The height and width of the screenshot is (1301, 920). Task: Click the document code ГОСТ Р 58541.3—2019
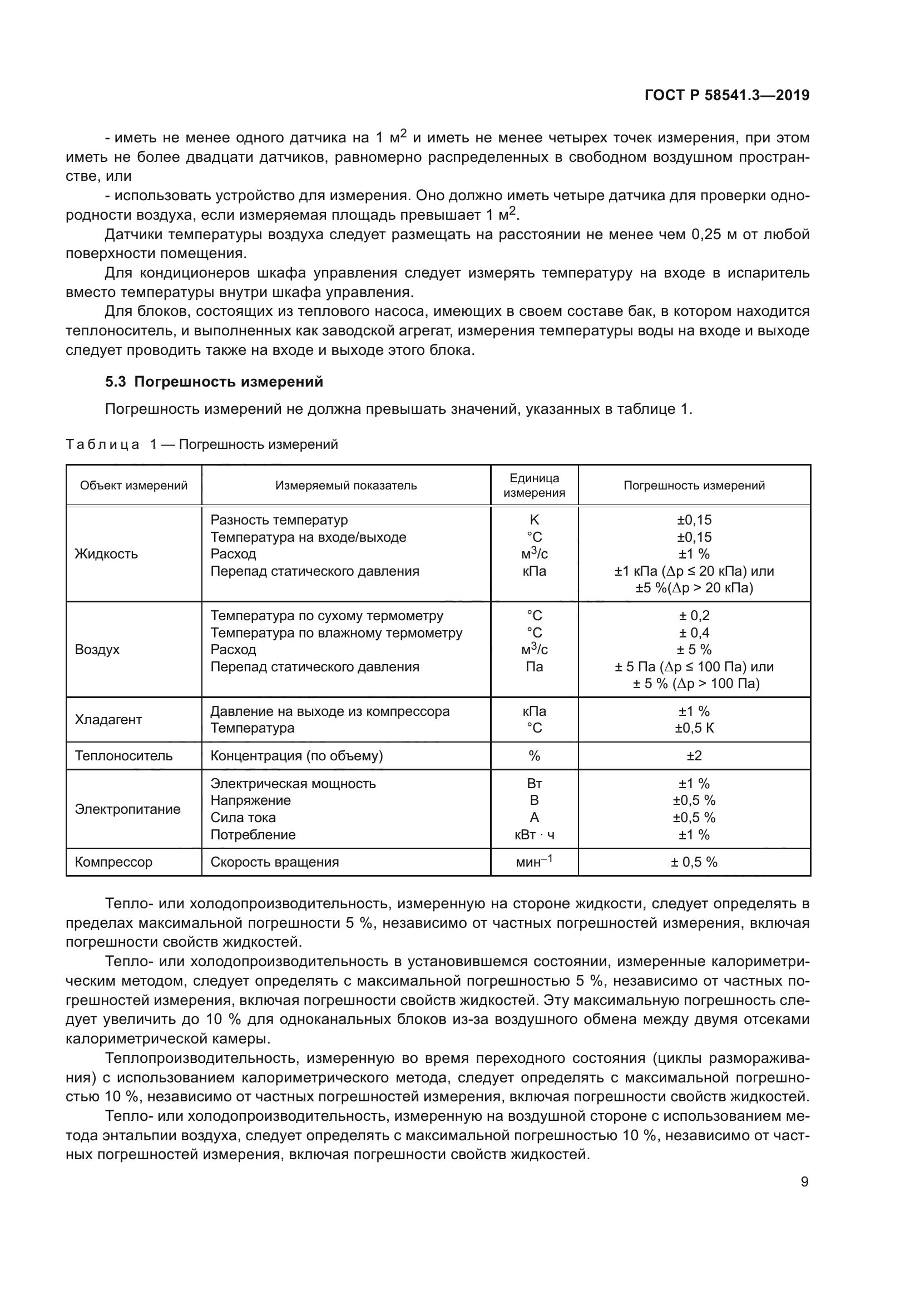point(727,95)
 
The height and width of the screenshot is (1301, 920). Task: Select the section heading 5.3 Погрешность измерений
point(214,382)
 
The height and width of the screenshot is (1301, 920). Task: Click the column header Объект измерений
point(133,486)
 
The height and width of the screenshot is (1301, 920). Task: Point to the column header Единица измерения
point(534,486)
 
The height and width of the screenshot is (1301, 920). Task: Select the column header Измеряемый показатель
point(345,486)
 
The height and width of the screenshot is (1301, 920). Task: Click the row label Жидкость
point(106,554)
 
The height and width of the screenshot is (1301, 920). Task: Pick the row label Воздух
point(97,649)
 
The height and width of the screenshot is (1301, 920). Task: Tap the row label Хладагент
point(108,720)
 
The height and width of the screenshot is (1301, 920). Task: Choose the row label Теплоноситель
point(123,756)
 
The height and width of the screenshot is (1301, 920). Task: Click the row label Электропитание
point(127,809)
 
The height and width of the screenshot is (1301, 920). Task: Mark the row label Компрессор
point(113,863)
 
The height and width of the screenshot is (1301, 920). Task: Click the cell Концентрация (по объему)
point(296,756)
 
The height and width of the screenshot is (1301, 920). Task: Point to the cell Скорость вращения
point(275,863)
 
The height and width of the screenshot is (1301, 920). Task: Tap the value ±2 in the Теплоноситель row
point(694,756)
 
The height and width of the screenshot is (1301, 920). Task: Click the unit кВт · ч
point(534,835)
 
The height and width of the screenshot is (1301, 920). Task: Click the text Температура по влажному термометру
point(337,633)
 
